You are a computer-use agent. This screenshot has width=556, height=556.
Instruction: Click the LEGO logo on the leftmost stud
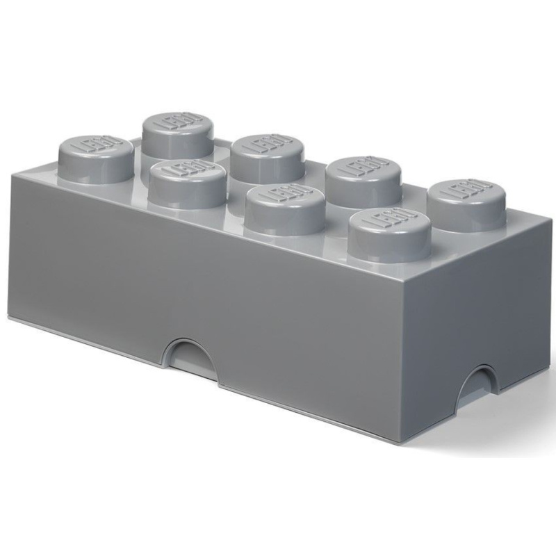pyautogui.click(x=94, y=146)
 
